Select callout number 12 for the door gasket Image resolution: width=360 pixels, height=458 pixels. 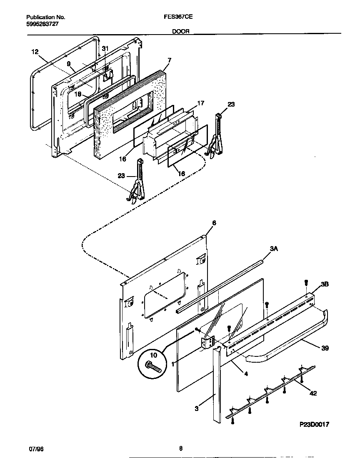[35, 52]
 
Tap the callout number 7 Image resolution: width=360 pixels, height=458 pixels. [169, 60]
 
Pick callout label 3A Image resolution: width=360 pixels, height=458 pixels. [274, 249]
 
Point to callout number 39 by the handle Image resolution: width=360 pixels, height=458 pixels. [325, 348]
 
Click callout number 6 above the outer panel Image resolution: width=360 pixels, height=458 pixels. [214, 223]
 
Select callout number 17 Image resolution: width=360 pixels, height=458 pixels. [200, 103]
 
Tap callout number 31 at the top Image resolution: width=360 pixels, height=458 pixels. [105, 49]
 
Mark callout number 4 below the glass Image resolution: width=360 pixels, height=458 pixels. [246, 374]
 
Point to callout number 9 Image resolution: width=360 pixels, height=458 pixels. [69, 64]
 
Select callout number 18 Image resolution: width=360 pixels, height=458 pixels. [78, 94]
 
